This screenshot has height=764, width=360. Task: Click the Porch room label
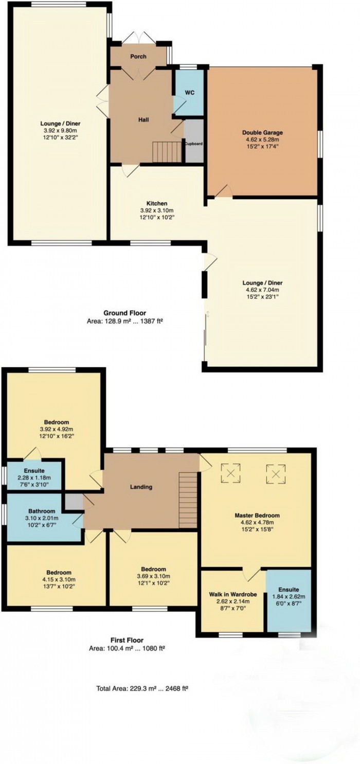[138, 56]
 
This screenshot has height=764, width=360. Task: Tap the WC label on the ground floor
[190, 93]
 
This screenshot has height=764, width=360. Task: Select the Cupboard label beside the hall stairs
[194, 144]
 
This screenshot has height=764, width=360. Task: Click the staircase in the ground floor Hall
[166, 152]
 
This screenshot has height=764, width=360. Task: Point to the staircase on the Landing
[188, 501]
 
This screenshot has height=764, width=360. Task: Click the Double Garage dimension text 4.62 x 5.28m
[262, 139]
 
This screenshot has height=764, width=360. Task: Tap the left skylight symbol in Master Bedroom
[231, 473]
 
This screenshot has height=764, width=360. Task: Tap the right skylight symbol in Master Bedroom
[276, 474]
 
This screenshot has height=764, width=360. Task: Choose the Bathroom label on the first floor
[42, 511]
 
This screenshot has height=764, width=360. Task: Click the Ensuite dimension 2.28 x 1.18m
[34, 478]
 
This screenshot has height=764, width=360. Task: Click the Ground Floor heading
[125, 313]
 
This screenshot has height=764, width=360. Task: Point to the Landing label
[141, 487]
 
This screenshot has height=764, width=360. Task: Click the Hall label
[143, 120]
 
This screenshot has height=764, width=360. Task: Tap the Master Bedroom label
[257, 516]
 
